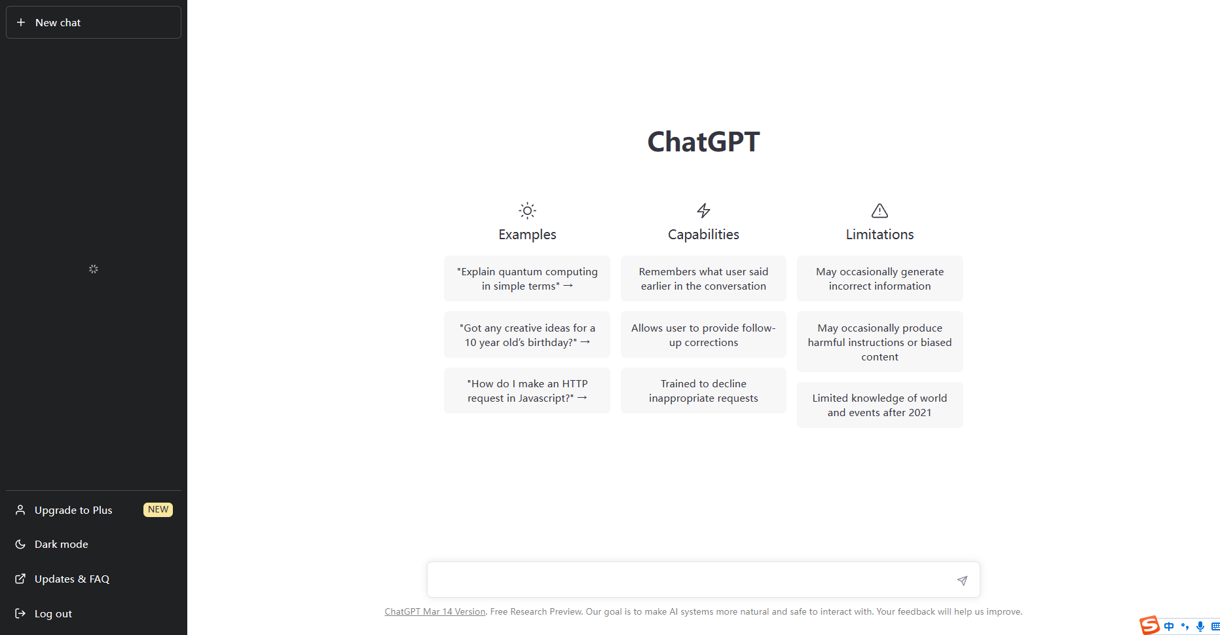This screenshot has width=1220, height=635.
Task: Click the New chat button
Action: coord(94,22)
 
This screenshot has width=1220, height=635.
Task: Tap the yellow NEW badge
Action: coord(158,510)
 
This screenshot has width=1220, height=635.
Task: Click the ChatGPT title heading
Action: coord(703,142)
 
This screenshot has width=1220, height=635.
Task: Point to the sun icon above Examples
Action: coord(527,210)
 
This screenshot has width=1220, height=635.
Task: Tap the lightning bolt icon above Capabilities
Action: coord(703,210)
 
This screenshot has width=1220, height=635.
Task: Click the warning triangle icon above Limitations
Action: coord(879,210)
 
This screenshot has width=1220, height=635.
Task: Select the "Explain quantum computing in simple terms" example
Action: coord(527,279)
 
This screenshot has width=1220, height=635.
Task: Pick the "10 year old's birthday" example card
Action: coord(527,335)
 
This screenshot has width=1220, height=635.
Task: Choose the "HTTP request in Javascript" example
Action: coord(527,391)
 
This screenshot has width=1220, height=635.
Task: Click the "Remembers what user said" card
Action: coord(703,279)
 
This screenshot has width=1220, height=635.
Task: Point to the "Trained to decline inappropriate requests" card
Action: coord(703,391)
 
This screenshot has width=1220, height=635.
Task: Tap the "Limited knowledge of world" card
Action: coord(879,405)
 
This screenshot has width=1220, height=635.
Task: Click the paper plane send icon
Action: coord(962,581)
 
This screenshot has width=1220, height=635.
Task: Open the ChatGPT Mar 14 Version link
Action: coord(435,612)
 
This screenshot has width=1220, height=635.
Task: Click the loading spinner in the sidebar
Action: coord(94,269)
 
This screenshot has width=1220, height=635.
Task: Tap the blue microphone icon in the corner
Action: coord(1200,626)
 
